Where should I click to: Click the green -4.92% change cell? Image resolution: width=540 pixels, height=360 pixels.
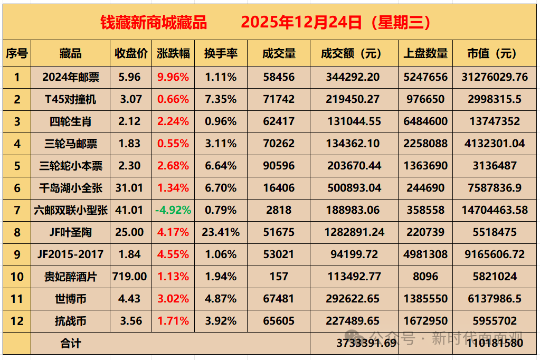tap(173, 210)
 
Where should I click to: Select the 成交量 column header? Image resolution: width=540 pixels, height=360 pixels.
tap(279, 53)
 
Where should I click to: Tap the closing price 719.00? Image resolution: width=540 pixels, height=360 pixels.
tap(130, 277)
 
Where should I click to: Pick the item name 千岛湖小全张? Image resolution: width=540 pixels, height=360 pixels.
tap(70, 188)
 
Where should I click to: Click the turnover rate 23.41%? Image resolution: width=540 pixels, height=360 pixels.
tap(221, 232)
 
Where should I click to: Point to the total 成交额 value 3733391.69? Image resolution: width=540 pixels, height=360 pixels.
tap(366, 343)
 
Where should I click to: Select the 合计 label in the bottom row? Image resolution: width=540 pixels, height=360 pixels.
tap(70, 344)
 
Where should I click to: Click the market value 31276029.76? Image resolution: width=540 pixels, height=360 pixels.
tap(495, 77)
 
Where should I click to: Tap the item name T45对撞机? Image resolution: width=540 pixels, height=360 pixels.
tap(70, 99)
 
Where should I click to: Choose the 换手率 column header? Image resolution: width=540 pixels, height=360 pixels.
tap(221, 53)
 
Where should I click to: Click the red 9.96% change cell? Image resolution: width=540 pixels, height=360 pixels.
tap(173, 77)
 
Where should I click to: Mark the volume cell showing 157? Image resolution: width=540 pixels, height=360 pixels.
tap(279, 277)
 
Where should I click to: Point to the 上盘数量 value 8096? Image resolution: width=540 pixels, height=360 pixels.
tap(425, 277)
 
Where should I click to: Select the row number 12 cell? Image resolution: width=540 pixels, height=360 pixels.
tap(16, 321)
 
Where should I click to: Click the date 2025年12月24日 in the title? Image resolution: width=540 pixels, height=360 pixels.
tap(301, 22)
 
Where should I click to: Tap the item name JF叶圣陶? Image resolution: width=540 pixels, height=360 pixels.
tap(70, 232)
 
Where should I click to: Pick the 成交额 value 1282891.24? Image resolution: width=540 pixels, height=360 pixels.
tap(354, 232)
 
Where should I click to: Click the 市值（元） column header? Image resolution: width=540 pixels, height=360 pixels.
tap(495, 53)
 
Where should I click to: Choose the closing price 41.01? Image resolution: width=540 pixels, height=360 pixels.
tap(130, 210)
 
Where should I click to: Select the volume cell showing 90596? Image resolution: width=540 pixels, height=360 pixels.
tap(279, 166)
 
